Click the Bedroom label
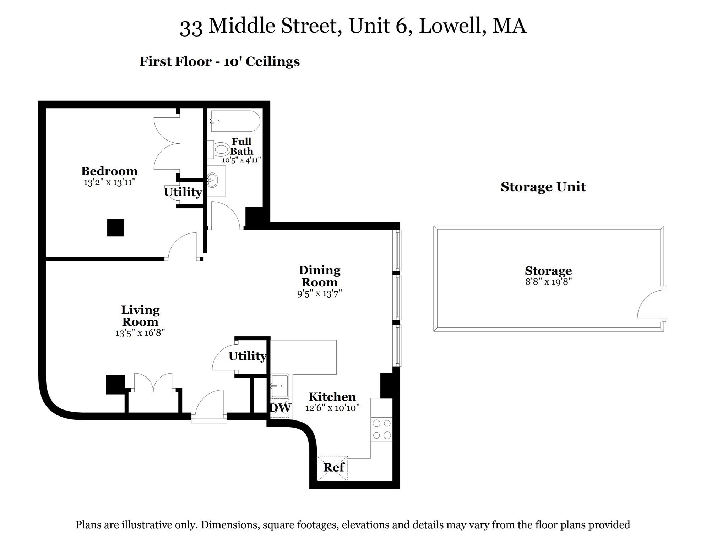click(109, 171)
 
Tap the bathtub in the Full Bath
click(235, 121)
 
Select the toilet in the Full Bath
click(221, 149)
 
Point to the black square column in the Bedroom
click(115, 228)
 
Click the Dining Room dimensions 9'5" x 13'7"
click(319, 293)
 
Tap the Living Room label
click(140, 316)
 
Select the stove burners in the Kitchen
click(382, 429)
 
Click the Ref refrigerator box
click(332, 468)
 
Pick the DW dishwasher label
click(281, 407)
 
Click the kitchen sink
click(280, 386)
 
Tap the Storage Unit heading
click(543, 187)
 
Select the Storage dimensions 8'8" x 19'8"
click(548, 282)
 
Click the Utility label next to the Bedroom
click(183, 192)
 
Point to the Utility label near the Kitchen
click(247, 356)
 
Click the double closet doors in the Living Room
click(153, 382)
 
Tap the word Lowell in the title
click(452, 26)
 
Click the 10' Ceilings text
click(261, 61)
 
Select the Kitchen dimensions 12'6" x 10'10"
click(332, 408)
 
